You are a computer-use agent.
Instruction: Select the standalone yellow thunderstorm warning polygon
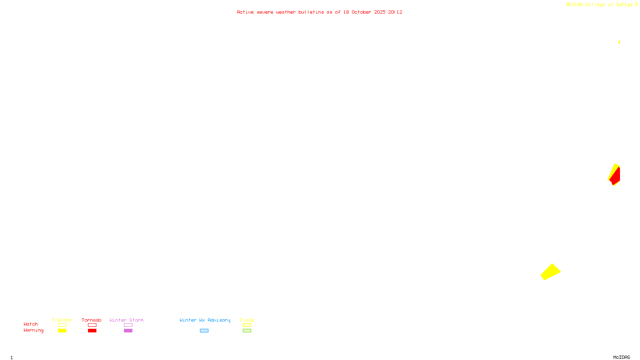pyautogui.click(x=550, y=272)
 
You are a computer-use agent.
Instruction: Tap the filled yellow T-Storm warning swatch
pyautogui.click(x=62, y=331)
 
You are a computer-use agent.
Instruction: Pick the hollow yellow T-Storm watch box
pyautogui.click(x=62, y=325)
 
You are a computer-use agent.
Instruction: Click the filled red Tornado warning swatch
pyautogui.click(x=92, y=331)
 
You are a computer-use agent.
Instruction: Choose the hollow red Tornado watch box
pyautogui.click(x=92, y=325)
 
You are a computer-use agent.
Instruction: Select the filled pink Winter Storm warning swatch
pyautogui.click(x=128, y=331)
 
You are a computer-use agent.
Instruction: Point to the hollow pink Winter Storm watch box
pyautogui.click(x=128, y=325)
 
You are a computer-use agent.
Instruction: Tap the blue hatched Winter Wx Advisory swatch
pyautogui.click(x=204, y=331)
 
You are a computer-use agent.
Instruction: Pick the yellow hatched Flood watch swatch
pyautogui.click(x=247, y=325)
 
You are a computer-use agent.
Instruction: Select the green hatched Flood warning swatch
pyautogui.click(x=247, y=331)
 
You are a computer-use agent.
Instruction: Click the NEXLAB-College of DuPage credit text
pyautogui.click(x=600, y=5)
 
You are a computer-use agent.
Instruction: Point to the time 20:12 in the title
pyautogui.click(x=395, y=12)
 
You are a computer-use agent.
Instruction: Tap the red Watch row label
pyautogui.click(x=31, y=324)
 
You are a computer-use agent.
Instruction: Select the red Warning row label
pyautogui.click(x=33, y=330)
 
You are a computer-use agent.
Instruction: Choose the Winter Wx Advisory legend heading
pyautogui.click(x=205, y=320)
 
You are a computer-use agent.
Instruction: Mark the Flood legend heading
pyautogui.click(x=247, y=320)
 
